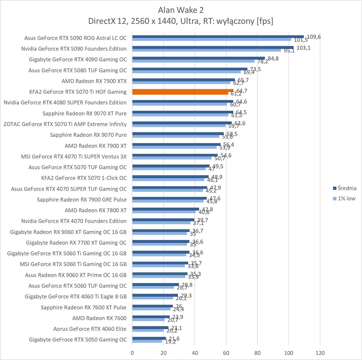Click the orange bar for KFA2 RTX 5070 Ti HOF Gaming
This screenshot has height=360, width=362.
point(182,91)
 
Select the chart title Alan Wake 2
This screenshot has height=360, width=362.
point(181,10)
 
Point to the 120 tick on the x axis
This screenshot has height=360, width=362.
point(320,353)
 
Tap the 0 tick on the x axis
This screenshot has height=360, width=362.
point(132,353)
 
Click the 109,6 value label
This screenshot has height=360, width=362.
point(314,37)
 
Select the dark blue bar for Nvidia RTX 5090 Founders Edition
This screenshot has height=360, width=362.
point(213,47)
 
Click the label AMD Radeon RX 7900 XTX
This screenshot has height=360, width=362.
point(94,81)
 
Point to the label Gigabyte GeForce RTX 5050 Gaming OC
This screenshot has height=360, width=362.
point(78,340)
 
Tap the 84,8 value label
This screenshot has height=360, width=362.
point(273,59)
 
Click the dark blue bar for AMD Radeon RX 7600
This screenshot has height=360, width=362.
point(151,317)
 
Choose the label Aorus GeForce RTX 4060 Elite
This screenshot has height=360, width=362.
point(90,329)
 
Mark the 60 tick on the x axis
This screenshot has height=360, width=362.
point(226,353)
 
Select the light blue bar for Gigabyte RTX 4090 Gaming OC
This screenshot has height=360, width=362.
point(193,61)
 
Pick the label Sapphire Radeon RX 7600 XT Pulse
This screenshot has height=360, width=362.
point(84,307)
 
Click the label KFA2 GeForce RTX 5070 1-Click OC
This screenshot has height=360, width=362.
point(84,178)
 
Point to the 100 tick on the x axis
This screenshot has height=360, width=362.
point(289,353)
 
